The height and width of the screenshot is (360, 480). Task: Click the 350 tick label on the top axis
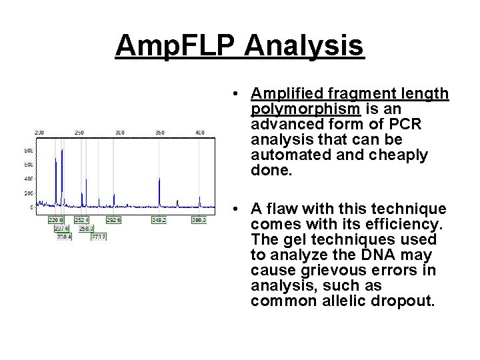(160, 133)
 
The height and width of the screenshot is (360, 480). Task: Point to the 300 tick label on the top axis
(119, 133)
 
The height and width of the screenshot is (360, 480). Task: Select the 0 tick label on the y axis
(31, 208)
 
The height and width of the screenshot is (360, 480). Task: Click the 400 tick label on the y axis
(28, 179)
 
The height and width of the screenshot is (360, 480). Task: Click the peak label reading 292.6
(114, 219)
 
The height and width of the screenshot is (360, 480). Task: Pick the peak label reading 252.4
(81, 219)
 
